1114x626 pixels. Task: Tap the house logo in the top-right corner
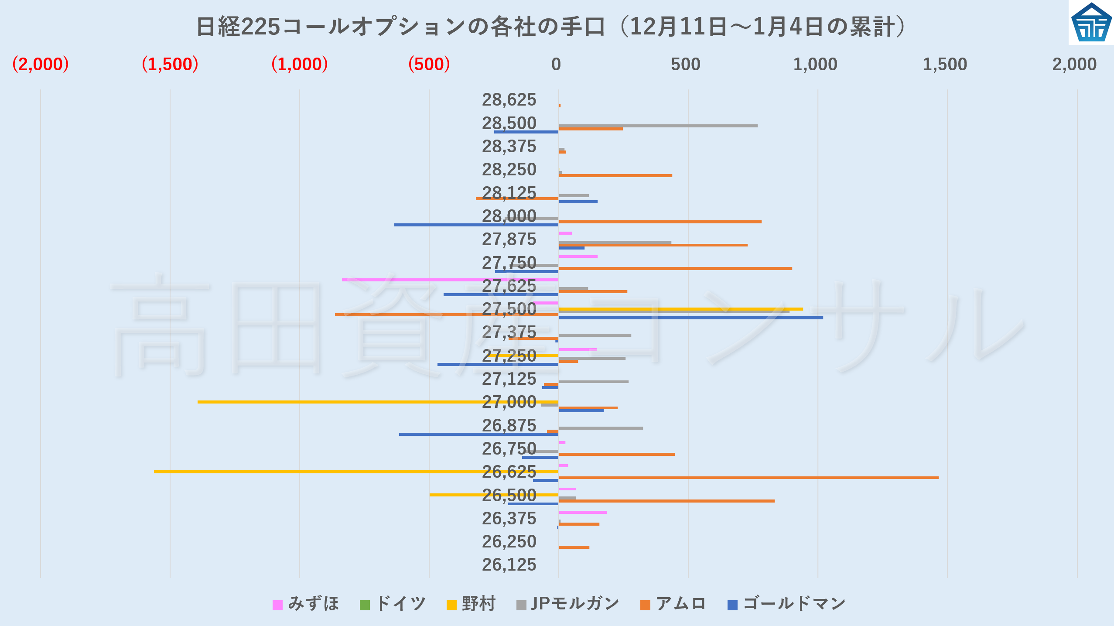point(1091,23)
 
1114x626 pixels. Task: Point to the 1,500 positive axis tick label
point(945,65)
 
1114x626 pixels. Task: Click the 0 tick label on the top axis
point(556,65)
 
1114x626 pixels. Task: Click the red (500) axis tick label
point(429,65)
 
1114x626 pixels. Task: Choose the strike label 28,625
point(509,100)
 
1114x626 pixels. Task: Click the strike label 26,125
point(509,565)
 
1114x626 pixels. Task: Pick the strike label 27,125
point(509,379)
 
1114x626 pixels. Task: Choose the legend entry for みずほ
point(306,604)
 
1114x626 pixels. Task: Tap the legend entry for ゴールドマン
point(787,604)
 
